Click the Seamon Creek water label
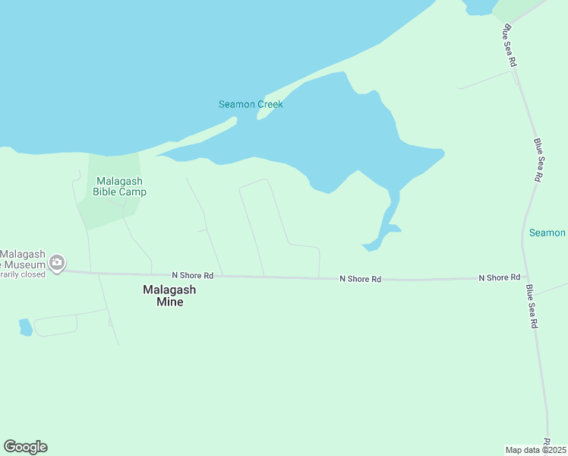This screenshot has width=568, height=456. click(251, 104)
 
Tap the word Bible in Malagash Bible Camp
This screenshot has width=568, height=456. click(106, 192)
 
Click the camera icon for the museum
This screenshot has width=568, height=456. click(56, 263)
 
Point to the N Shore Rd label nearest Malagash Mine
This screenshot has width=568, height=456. click(192, 275)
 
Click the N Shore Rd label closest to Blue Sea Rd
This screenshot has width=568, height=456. click(499, 278)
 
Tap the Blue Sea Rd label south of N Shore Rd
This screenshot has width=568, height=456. click(534, 306)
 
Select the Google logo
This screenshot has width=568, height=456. click(25, 447)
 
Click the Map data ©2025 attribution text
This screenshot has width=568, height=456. click(535, 449)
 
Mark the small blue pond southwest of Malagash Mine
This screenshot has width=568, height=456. click(25, 327)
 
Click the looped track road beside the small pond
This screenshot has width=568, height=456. click(56, 325)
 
